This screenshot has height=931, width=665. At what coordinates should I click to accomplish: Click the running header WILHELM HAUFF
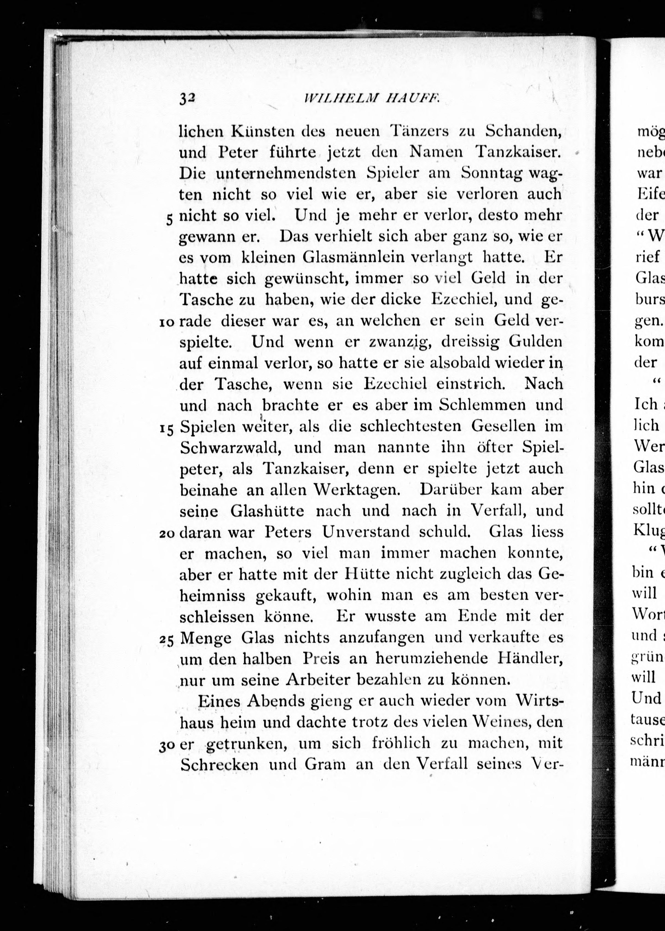pos(372,99)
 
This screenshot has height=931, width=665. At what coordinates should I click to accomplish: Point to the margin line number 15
pos(167,429)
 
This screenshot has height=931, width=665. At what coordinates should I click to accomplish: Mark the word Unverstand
pos(365,532)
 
